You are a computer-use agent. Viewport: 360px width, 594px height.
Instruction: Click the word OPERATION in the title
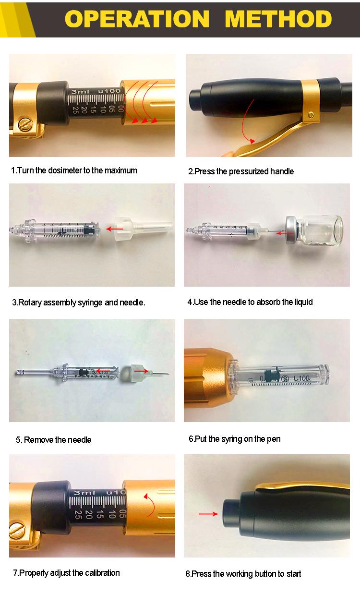pos(137,19)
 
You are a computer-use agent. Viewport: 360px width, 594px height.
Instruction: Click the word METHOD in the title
pos(278,19)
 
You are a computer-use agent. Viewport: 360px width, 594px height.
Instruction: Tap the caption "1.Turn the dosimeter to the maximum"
pos(74,170)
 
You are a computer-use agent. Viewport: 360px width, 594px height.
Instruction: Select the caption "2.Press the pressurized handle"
pos(240,171)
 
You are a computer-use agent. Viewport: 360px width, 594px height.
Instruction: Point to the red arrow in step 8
pos(207,514)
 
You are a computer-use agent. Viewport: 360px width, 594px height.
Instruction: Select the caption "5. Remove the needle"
pos(54,439)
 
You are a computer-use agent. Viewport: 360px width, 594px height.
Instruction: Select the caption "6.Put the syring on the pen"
pos(234,439)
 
